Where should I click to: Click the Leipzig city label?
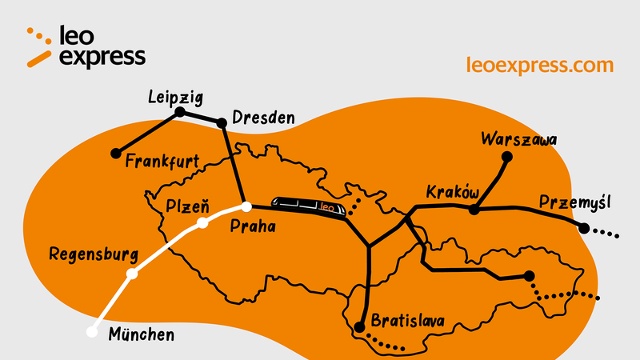coord(175,98)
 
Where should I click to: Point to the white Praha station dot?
coord(246,206)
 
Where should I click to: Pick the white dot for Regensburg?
coord(133,274)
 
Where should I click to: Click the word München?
coord(141,335)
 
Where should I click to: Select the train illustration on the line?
coord(310,207)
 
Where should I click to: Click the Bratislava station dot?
coord(360,326)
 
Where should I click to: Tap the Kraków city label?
coord(452,193)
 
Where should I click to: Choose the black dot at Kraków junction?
coord(474,210)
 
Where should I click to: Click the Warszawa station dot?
coord(506,157)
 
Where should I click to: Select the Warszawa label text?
coord(518,139)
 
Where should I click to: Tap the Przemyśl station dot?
coord(585,229)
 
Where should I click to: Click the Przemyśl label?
coord(573,200)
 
